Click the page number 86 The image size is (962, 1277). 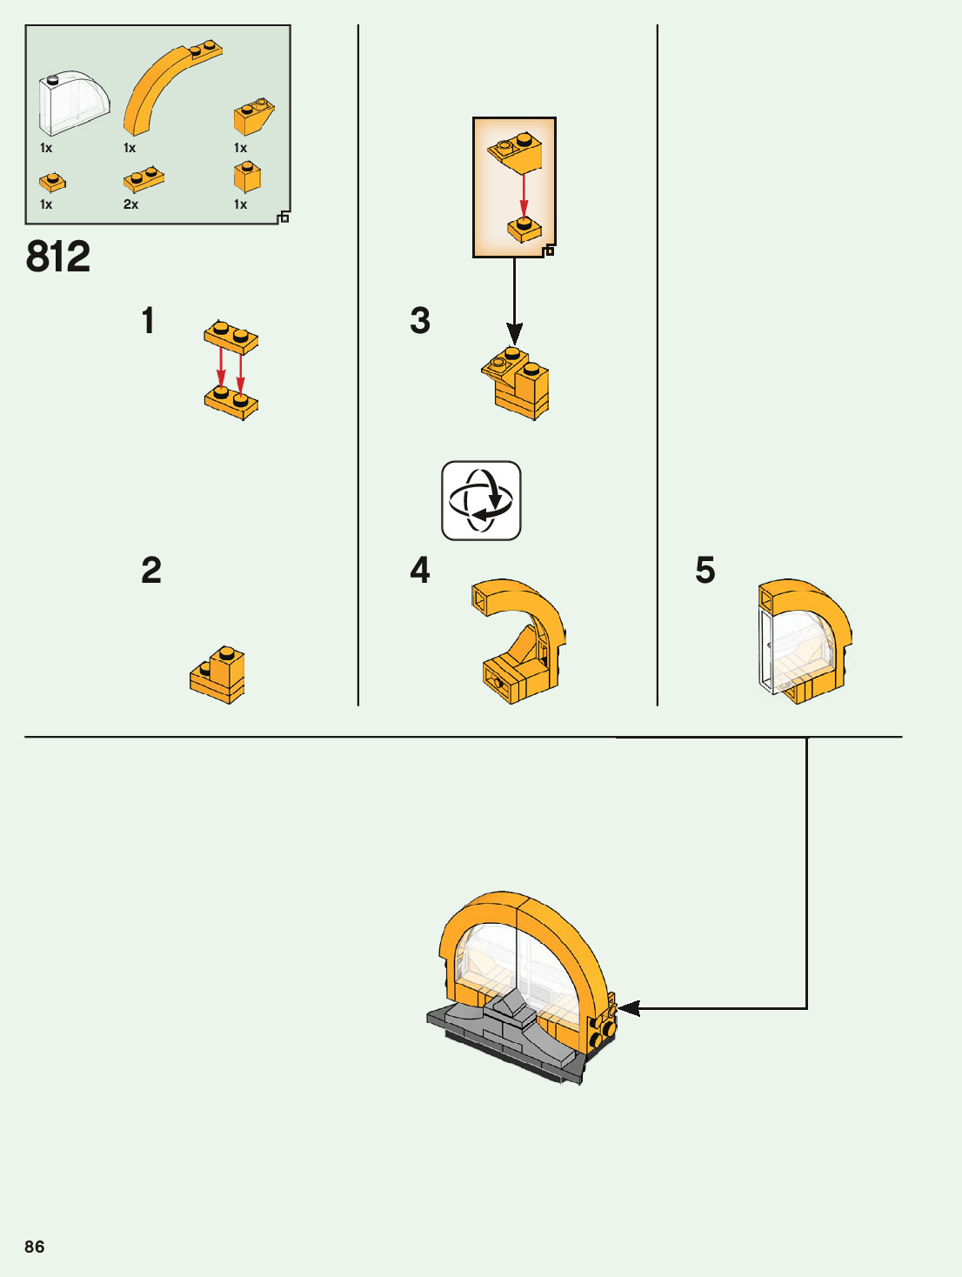click(35, 1247)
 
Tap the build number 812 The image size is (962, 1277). click(58, 257)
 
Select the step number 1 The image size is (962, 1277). click(148, 320)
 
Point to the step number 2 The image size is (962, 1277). click(151, 571)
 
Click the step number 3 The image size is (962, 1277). click(420, 320)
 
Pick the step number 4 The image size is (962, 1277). click(420, 571)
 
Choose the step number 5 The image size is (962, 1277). click(705, 571)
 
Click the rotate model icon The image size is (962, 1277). click(481, 501)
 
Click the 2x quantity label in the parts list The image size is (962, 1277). click(130, 204)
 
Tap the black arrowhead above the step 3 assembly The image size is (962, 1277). click(514, 333)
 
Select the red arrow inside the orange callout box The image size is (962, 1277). click(524, 193)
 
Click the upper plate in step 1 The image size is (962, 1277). click(231, 337)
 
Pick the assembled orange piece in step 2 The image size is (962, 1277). click(218, 676)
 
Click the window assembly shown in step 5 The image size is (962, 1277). click(803, 641)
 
